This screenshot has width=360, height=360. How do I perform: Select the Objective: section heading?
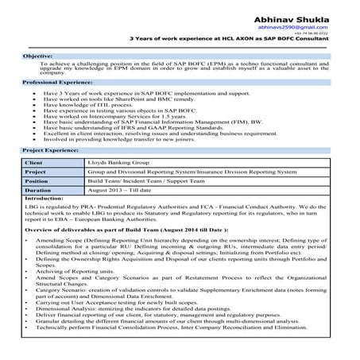coord(37,57)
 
